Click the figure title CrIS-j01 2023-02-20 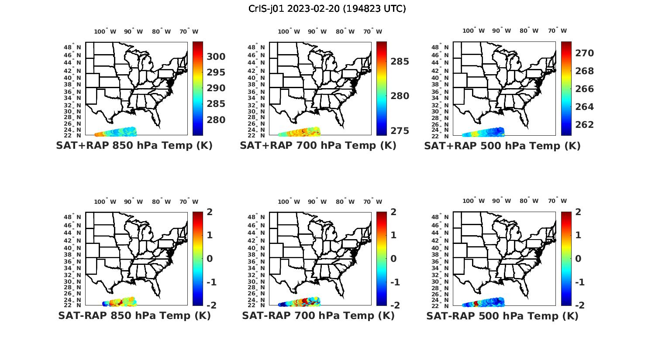click(327, 8)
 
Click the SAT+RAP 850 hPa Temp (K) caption click(134, 145)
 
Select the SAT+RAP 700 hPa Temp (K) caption click(318, 145)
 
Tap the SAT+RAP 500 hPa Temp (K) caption click(502, 146)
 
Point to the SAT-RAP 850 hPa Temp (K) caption click(134, 315)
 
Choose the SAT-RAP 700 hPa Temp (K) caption click(318, 315)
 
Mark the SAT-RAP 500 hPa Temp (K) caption click(502, 316)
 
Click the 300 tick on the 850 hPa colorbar click(216, 57)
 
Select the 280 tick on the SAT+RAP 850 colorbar click(216, 120)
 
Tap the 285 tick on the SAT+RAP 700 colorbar click(400, 62)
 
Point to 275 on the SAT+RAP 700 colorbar click(400, 131)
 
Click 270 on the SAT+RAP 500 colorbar click(584, 53)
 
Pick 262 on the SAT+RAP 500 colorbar click(584, 125)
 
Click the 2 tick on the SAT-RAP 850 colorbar click(210, 212)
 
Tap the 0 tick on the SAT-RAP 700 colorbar click(393, 259)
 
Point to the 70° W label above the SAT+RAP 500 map click(557, 31)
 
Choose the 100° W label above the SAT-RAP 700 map click(289, 202)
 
